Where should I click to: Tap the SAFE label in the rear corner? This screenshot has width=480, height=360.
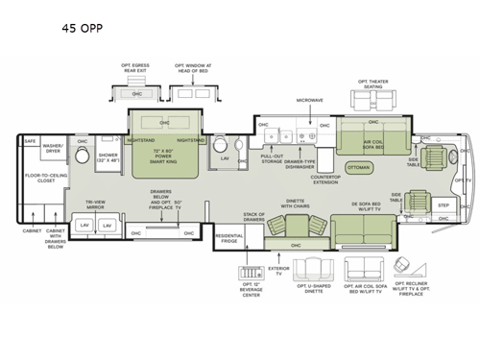pos(30,141)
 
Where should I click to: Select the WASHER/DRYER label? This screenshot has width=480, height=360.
pos(52,149)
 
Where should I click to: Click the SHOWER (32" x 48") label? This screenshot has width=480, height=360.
pos(108,157)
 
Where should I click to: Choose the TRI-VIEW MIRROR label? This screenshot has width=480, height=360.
pos(95,204)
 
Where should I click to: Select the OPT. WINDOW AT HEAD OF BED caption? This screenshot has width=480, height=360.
pos(194,68)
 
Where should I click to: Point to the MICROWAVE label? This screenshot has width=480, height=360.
pos(309,99)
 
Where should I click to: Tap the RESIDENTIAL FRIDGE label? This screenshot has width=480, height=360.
pos(228,237)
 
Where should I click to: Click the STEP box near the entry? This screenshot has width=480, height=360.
pos(444,205)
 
